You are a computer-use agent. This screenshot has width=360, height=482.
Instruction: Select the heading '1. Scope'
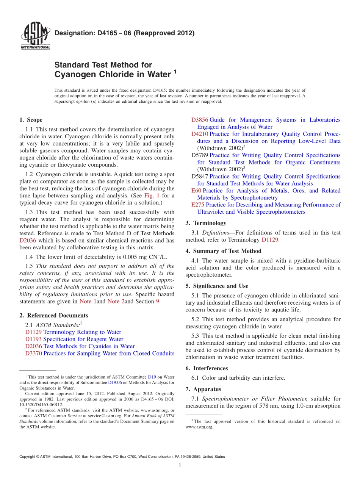tap(31, 120)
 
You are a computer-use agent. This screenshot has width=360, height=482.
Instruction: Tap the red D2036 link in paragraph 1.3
tap(27, 240)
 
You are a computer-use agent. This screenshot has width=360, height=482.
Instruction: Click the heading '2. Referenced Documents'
tap(53, 315)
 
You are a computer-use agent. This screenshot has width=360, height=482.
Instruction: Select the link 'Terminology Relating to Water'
tap(82, 332)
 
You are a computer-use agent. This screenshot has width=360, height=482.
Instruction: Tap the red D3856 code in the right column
tap(200, 120)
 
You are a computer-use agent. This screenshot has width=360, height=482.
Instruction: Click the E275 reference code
tap(198, 205)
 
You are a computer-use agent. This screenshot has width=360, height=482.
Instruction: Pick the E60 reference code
tap(196, 191)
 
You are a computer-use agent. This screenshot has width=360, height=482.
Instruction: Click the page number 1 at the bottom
tap(180, 465)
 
